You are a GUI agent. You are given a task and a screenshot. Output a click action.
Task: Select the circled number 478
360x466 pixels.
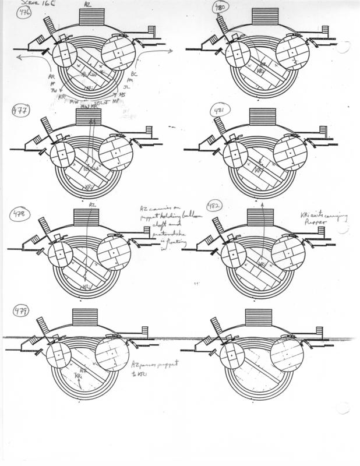tap(24, 216)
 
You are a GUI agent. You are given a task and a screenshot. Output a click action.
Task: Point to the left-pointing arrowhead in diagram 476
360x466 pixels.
tap(19, 57)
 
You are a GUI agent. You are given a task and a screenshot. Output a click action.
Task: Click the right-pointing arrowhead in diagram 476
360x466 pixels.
tap(170, 52)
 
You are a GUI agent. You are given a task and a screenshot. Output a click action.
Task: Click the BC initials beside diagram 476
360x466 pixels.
tap(133, 76)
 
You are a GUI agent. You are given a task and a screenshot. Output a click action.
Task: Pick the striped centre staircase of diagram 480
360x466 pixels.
tap(264, 17)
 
